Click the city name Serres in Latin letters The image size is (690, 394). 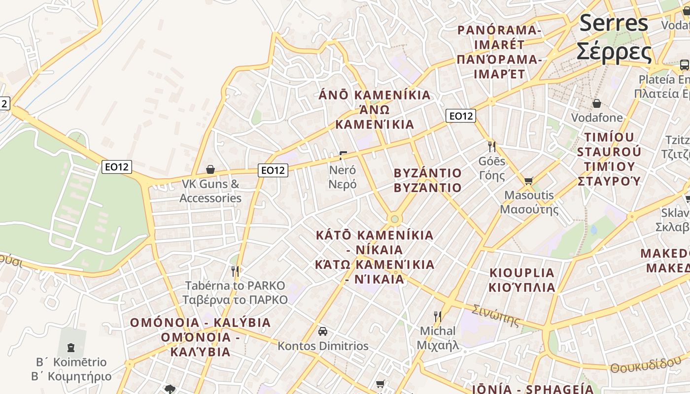click(614, 23)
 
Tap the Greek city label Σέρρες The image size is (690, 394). click(614, 51)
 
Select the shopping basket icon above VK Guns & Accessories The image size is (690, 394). click(210, 169)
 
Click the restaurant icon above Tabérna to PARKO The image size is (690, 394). click(235, 271)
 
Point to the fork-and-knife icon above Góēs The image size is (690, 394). click(491, 146)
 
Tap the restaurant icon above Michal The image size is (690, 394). click(437, 316)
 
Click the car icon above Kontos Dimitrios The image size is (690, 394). click(323, 331)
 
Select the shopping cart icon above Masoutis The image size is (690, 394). click(529, 181)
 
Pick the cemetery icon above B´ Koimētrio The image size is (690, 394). click(71, 348)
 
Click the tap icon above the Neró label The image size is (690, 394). click(343, 156)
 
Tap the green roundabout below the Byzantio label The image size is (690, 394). click(394, 219)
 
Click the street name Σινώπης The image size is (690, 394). click(495, 315)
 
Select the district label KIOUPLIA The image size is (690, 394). click(522, 273)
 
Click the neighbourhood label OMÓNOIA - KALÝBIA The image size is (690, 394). click(200, 323)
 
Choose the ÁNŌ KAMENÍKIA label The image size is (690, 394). click(375, 95)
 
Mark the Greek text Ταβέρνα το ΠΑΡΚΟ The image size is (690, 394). click(235, 300)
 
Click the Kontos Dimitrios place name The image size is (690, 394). click(323, 346)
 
